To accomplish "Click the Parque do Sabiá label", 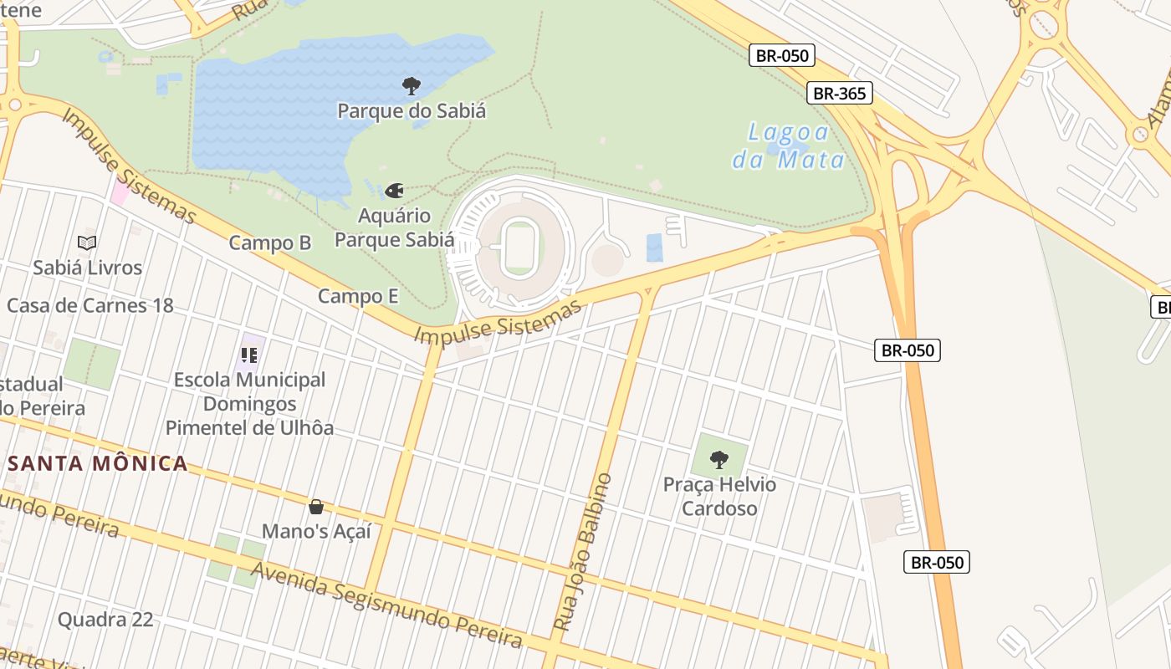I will [411, 110].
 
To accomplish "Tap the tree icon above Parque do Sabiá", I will [411, 85].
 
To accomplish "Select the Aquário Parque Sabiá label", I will [394, 227].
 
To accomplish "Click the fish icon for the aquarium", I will [394, 191].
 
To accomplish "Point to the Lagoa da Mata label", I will [788, 146].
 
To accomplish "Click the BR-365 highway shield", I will [840, 93].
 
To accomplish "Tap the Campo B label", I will [270, 243].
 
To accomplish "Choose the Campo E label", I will [358, 296].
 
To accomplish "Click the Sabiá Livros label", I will [88, 268].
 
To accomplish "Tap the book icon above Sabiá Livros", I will [87, 243].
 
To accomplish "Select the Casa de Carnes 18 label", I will [90, 305].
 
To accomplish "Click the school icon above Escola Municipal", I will [249, 355].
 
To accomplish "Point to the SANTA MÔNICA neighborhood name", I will [98, 463].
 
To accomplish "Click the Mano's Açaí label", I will [316, 531].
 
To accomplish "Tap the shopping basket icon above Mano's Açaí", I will [316, 507].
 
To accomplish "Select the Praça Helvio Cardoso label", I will [719, 497].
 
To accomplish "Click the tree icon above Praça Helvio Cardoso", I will [718, 459].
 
